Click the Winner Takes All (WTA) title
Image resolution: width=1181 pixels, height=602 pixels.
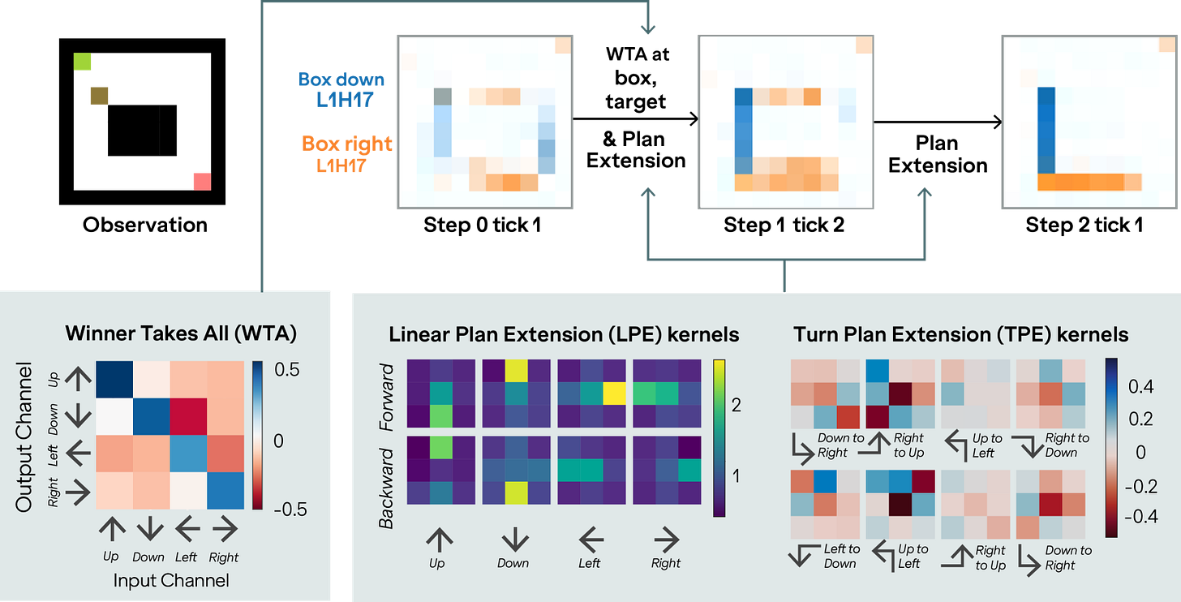(x=181, y=333)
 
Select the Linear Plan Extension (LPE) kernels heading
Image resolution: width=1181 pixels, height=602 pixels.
(x=564, y=333)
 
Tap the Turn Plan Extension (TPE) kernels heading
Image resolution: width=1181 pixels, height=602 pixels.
(x=960, y=333)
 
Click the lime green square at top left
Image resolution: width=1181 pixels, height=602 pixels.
(x=84, y=62)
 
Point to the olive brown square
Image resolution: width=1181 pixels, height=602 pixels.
(x=99, y=96)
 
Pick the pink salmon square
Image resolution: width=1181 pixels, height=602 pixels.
(x=200, y=180)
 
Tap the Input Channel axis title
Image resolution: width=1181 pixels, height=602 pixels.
(x=171, y=580)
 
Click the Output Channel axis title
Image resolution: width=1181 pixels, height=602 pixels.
(x=25, y=436)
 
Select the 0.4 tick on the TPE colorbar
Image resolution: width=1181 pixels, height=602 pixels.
(x=1140, y=388)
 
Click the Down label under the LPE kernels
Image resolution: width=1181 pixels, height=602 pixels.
(x=513, y=563)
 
